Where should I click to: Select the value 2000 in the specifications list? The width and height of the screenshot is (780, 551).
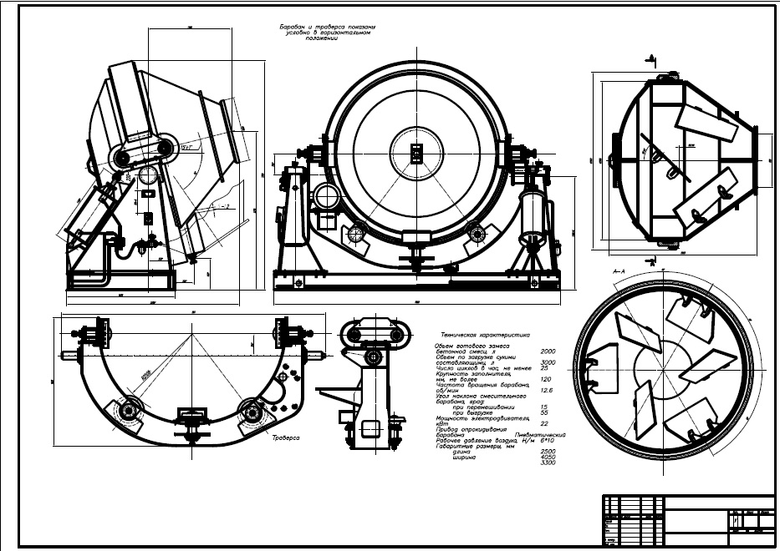coord(549,351)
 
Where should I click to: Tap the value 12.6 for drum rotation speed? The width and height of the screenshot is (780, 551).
coord(548,390)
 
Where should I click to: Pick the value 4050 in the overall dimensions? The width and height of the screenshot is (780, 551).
coord(549,457)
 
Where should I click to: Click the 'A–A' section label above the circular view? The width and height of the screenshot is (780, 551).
coord(619,271)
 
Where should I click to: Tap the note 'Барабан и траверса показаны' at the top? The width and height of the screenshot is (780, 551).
coord(328,28)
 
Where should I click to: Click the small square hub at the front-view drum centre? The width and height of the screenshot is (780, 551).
coord(415,153)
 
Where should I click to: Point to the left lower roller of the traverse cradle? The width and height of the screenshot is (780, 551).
coord(130,412)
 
